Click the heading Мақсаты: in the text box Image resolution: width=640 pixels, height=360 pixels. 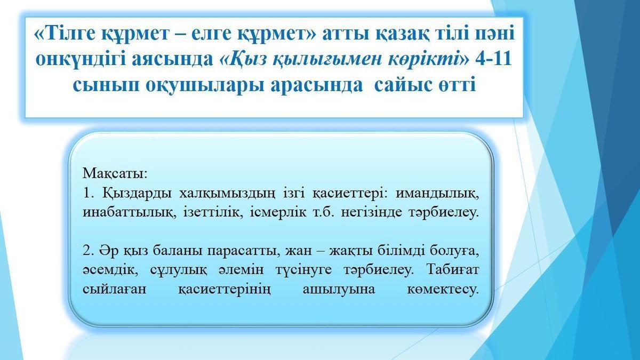pos(115,173)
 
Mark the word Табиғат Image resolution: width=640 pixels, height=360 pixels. pos(453,269)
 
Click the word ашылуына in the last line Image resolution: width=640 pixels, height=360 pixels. pos(339,290)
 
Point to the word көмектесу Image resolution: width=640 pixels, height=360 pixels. pos(443,289)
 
